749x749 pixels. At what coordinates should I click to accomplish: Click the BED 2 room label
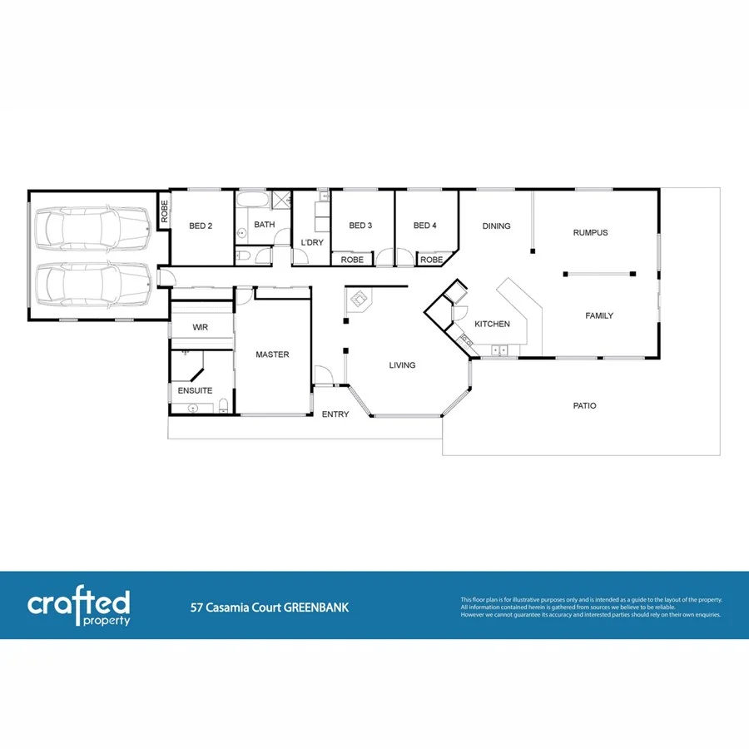pyautogui.click(x=201, y=226)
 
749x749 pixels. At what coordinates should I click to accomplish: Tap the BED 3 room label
pyautogui.click(x=360, y=226)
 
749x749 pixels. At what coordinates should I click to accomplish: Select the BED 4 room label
pyautogui.click(x=424, y=226)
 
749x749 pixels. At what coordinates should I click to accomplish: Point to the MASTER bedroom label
pyautogui.click(x=272, y=355)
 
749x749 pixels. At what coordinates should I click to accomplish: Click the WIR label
pyautogui.click(x=200, y=328)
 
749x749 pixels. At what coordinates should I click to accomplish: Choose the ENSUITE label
pyautogui.click(x=195, y=390)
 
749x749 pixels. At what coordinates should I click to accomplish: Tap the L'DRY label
pyautogui.click(x=312, y=242)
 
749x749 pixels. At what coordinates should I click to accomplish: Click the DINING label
pyautogui.click(x=497, y=226)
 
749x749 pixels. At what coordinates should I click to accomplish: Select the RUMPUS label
pyautogui.click(x=590, y=233)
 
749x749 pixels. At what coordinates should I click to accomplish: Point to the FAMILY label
pyautogui.click(x=599, y=316)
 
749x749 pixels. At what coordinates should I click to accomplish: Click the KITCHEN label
pyautogui.click(x=492, y=324)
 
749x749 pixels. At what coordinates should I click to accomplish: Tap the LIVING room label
pyautogui.click(x=402, y=365)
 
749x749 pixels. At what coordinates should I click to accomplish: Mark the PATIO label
pyautogui.click(x=584, y=406)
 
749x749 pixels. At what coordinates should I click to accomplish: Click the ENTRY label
pyautogui.click(x=335, y=414)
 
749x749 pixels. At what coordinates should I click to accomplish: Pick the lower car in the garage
pyautogui.click(x=92, y=284)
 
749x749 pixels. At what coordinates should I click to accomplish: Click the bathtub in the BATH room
pyautogui.click(x=251, y=201)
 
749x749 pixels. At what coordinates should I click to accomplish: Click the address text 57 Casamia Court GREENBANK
pyautogui.click(x=269, y=608)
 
